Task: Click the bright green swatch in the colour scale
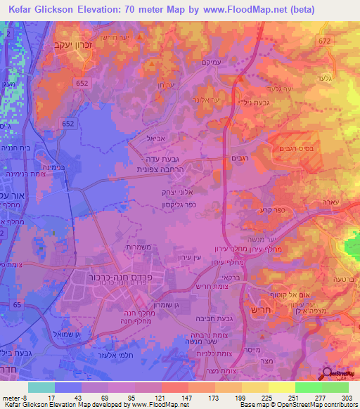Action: coord(309,387)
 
